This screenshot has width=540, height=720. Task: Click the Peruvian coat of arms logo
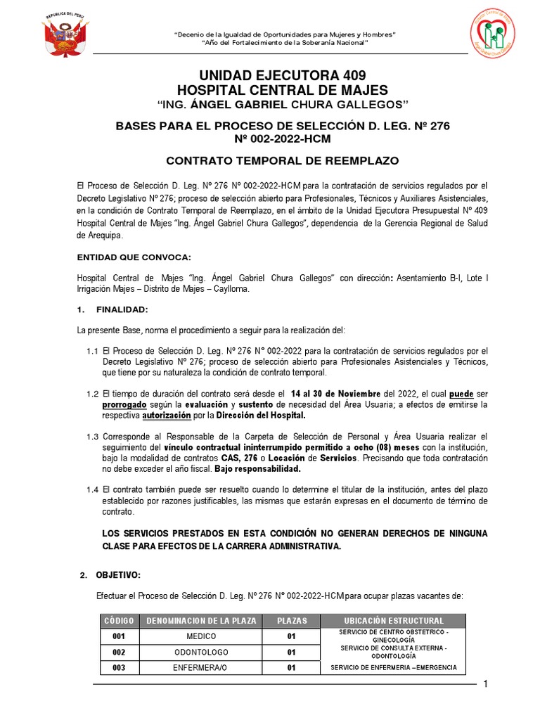pos(65,35)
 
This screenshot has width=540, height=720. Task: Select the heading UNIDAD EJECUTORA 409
pos(282,75)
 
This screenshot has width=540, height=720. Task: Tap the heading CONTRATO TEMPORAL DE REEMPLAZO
pos(282,160)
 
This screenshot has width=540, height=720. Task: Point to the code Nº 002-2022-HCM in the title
pos(282,139)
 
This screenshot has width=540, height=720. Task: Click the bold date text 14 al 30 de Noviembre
pos(335,393)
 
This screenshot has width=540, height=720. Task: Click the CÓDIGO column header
pos(119,621)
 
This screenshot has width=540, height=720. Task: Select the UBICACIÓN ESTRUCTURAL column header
pos(394,621)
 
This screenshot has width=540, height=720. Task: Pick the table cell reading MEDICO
pos(202,636)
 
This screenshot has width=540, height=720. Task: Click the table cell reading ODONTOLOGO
pos(202,652)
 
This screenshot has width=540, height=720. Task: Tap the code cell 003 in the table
pos(119,668)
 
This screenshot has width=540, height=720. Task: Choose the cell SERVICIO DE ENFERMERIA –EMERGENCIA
pos(394,667)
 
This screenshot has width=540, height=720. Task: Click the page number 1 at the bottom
pos(485,686)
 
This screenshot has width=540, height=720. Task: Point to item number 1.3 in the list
pos(93,437)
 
